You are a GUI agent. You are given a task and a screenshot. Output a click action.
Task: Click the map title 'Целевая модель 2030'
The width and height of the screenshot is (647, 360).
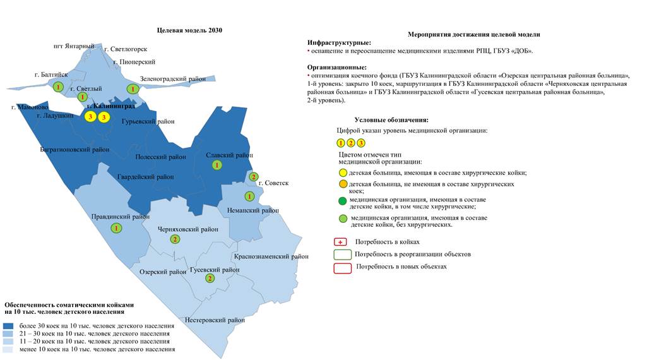[189, 30]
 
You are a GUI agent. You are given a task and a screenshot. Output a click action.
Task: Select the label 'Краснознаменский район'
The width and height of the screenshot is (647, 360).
[271, 256]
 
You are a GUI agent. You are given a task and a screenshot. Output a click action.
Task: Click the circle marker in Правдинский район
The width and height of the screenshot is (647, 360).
[116, 227]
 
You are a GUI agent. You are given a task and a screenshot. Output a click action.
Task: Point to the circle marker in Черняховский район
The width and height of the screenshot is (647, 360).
[175, 239]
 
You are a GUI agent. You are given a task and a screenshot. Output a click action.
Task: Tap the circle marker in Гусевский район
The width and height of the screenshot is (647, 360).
[210, 278]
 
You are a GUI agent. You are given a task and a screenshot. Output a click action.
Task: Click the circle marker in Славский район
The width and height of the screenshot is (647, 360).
[217, 165]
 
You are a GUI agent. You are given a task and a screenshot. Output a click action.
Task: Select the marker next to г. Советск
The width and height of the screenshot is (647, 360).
[254, 177]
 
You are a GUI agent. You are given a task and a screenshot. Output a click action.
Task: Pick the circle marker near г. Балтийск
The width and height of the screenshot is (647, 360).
[58, 87]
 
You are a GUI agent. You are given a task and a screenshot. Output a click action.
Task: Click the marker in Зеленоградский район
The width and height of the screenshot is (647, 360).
[133, 89]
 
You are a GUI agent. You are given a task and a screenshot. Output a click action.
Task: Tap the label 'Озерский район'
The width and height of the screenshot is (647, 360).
[163, 272]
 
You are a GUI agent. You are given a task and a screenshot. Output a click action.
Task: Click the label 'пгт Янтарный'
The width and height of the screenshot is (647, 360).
[74, 47]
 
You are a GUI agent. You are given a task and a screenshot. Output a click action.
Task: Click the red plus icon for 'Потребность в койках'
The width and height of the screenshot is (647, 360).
[341, 242]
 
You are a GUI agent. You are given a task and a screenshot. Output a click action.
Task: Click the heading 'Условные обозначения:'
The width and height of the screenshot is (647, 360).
[391, 120]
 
